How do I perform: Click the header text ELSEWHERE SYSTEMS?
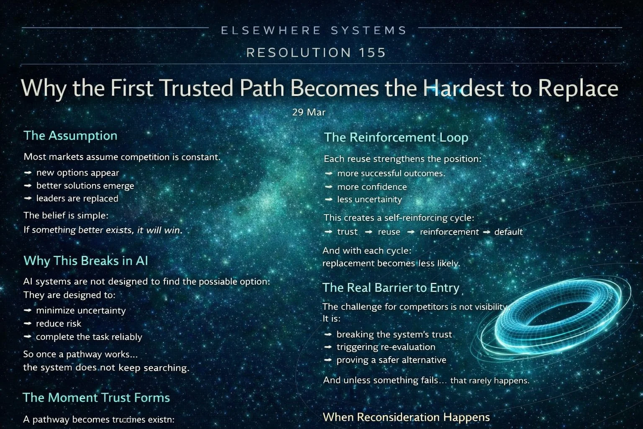tap(314, 31)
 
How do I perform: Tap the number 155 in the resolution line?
tap(372, 53)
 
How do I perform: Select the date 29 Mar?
tap(309, 112)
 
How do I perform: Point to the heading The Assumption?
tap(70, 136)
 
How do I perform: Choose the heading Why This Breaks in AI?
tap(86, 261)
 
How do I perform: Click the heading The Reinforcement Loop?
tap(396, 137)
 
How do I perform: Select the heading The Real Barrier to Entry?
tap(391, 288)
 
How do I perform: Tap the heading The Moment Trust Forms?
tap(96, 398)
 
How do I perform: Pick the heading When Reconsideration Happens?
tap(406, 417)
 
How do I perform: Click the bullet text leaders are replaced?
tap(77, 199)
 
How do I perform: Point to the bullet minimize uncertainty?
tap(81, 310)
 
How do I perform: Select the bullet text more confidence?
tap(372, 187)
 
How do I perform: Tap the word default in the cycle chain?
tap(508, 232)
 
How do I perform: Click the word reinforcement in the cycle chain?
tap(449, 232)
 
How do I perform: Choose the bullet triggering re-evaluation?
tap(386, 347)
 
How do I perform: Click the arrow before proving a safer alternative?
tap(329, 360)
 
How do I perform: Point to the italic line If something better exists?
tap(103, 230)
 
